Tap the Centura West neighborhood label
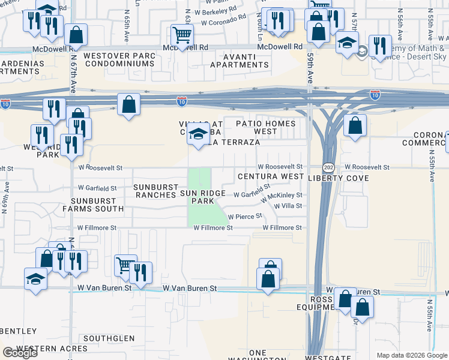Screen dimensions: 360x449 (271, 177)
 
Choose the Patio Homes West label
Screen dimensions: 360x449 (265, 127)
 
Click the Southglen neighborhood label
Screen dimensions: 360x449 (109, 338)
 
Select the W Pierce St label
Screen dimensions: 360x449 (246, 216)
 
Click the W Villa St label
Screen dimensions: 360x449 (288, 206)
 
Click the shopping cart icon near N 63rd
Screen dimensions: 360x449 (182, 35)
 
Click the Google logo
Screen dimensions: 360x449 (20, 353)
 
